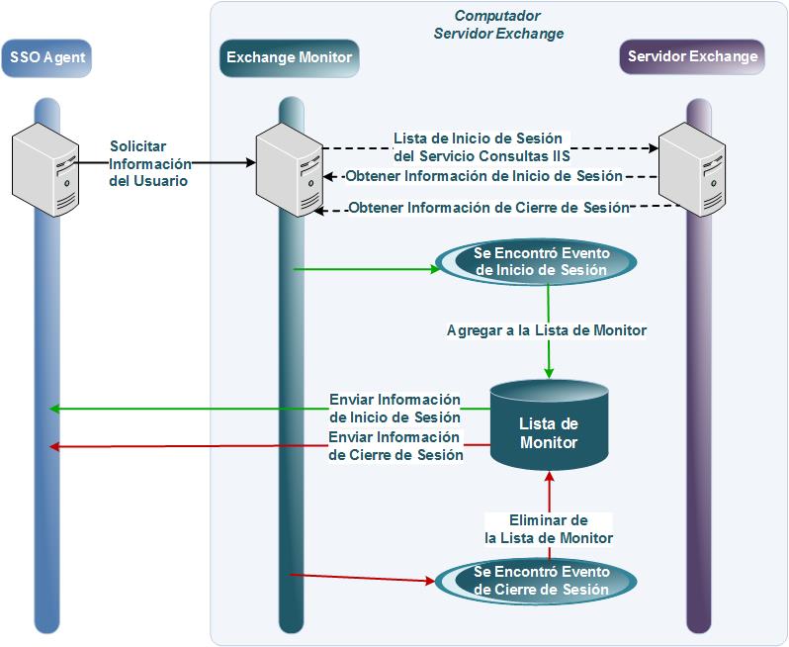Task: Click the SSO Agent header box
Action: point(46,57)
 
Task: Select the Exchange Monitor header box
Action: point(289,57)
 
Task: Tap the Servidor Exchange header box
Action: point(692,56)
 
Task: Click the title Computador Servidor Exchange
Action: point(498,25)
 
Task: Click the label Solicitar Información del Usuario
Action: point(148,163)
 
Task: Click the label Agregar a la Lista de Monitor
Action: point(546,330)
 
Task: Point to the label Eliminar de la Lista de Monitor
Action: point(549,529)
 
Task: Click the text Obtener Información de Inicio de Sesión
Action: point(483,176)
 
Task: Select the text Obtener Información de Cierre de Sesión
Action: point(488,208)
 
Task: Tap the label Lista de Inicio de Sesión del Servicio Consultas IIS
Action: point(482,146)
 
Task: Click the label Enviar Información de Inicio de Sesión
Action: point(395,408)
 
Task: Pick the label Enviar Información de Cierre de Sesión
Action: point(395,446)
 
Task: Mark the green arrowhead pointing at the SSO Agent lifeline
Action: point(55,409)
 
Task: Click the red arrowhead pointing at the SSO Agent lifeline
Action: point(55,447)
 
